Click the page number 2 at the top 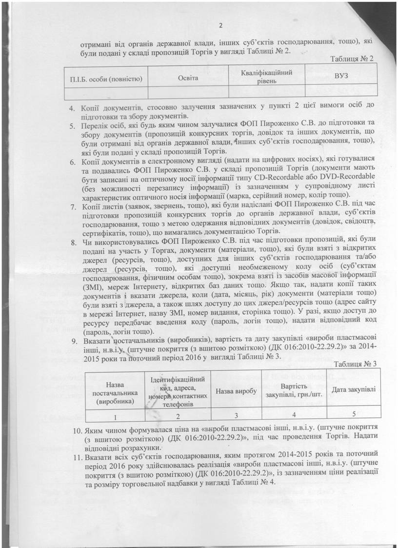(221, 26)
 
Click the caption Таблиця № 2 (351, 59)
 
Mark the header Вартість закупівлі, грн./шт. (294, 390)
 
